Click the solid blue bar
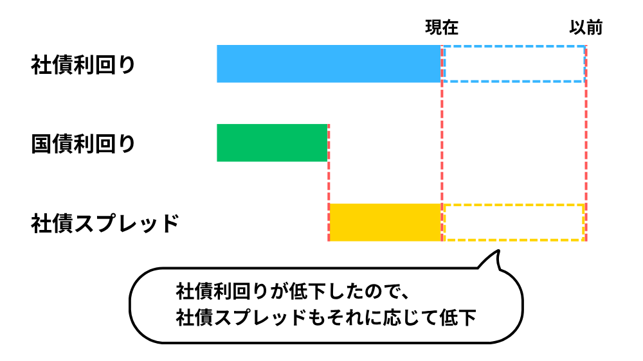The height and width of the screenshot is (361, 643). (x=329, y=64)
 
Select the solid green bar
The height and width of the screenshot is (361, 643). (x=272, y=143)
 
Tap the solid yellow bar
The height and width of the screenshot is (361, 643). (x=385, y=222)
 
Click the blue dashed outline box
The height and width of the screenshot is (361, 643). (x=514, y=47)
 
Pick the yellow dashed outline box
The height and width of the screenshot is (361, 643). (x=514, y=205)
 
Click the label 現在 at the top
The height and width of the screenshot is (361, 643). (x=442, y=28)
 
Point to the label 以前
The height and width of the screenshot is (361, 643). (x=586, y=28)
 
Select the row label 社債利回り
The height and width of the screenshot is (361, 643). (x=83, y=65)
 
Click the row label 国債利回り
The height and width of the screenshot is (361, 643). (x=83, y=144)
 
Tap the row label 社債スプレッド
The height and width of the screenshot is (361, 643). (x=105, y=224)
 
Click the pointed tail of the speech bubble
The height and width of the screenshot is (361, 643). (x=498, y=251)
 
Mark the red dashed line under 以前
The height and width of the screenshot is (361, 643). (x=586, y=143)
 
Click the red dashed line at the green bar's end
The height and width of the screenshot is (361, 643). (x=329, y=183)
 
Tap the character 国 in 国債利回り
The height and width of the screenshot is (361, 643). (x=41, y=144)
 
